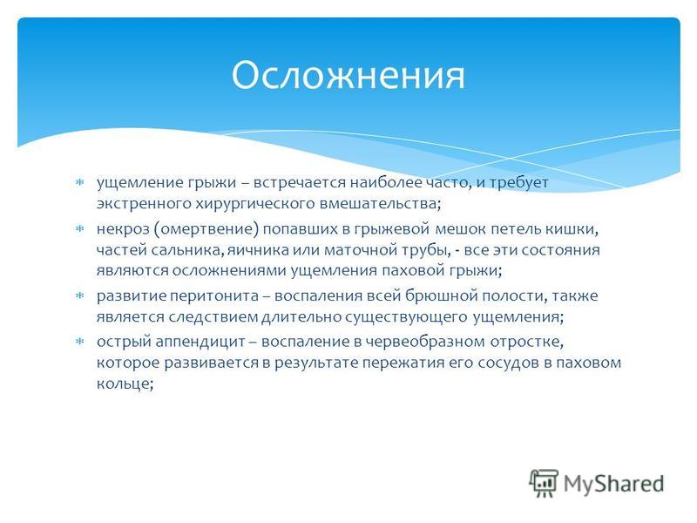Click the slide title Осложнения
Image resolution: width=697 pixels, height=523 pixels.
pos(348,75)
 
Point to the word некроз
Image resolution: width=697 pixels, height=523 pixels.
pos(123,229)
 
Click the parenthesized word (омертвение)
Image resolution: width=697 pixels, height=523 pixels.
pos(206,229)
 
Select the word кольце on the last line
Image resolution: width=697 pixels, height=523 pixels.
pos(125,384)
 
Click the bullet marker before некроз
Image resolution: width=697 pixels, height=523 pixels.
pos(80,229)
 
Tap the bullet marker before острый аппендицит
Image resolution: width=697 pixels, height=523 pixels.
pos(80,342)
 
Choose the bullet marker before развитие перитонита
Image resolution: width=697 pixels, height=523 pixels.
pos(80,295)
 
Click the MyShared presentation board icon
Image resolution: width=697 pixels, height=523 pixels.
pos(544,483)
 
